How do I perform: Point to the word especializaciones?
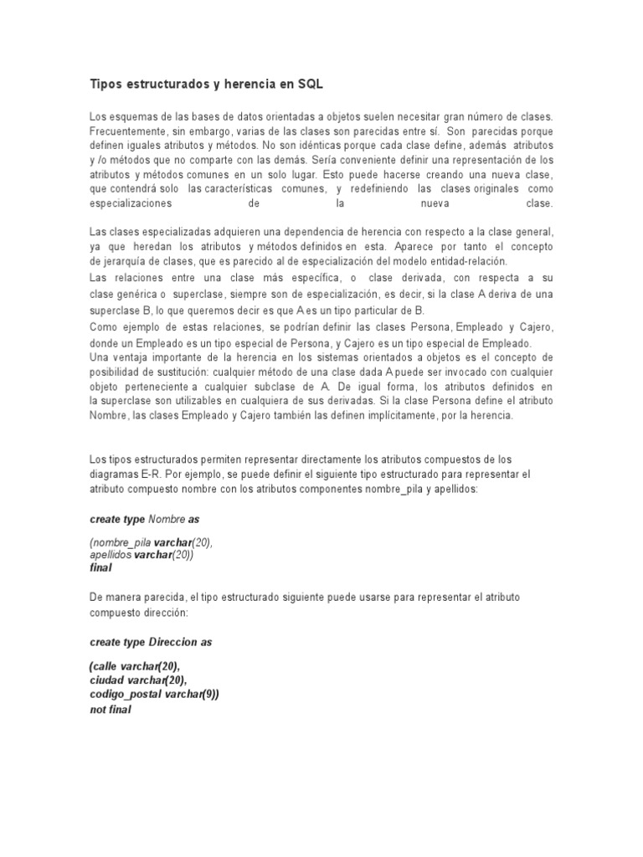pos(130,203)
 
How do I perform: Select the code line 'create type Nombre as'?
pos(144,519)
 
